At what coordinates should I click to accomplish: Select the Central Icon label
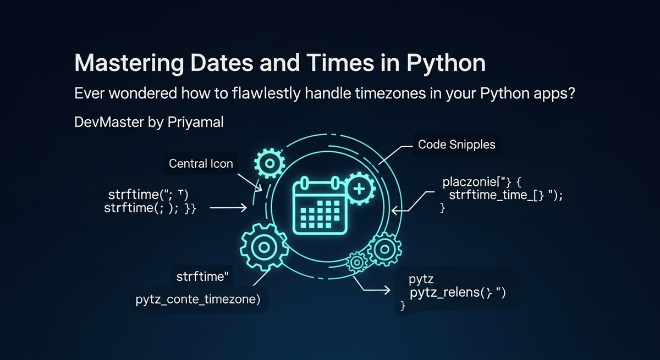(201, 164)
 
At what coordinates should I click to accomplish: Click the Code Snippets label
(457, 145)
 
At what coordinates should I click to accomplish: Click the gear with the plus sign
(358, 189)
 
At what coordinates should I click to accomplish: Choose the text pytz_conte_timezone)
(198, 300)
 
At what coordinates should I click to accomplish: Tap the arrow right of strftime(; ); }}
(228, 208)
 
